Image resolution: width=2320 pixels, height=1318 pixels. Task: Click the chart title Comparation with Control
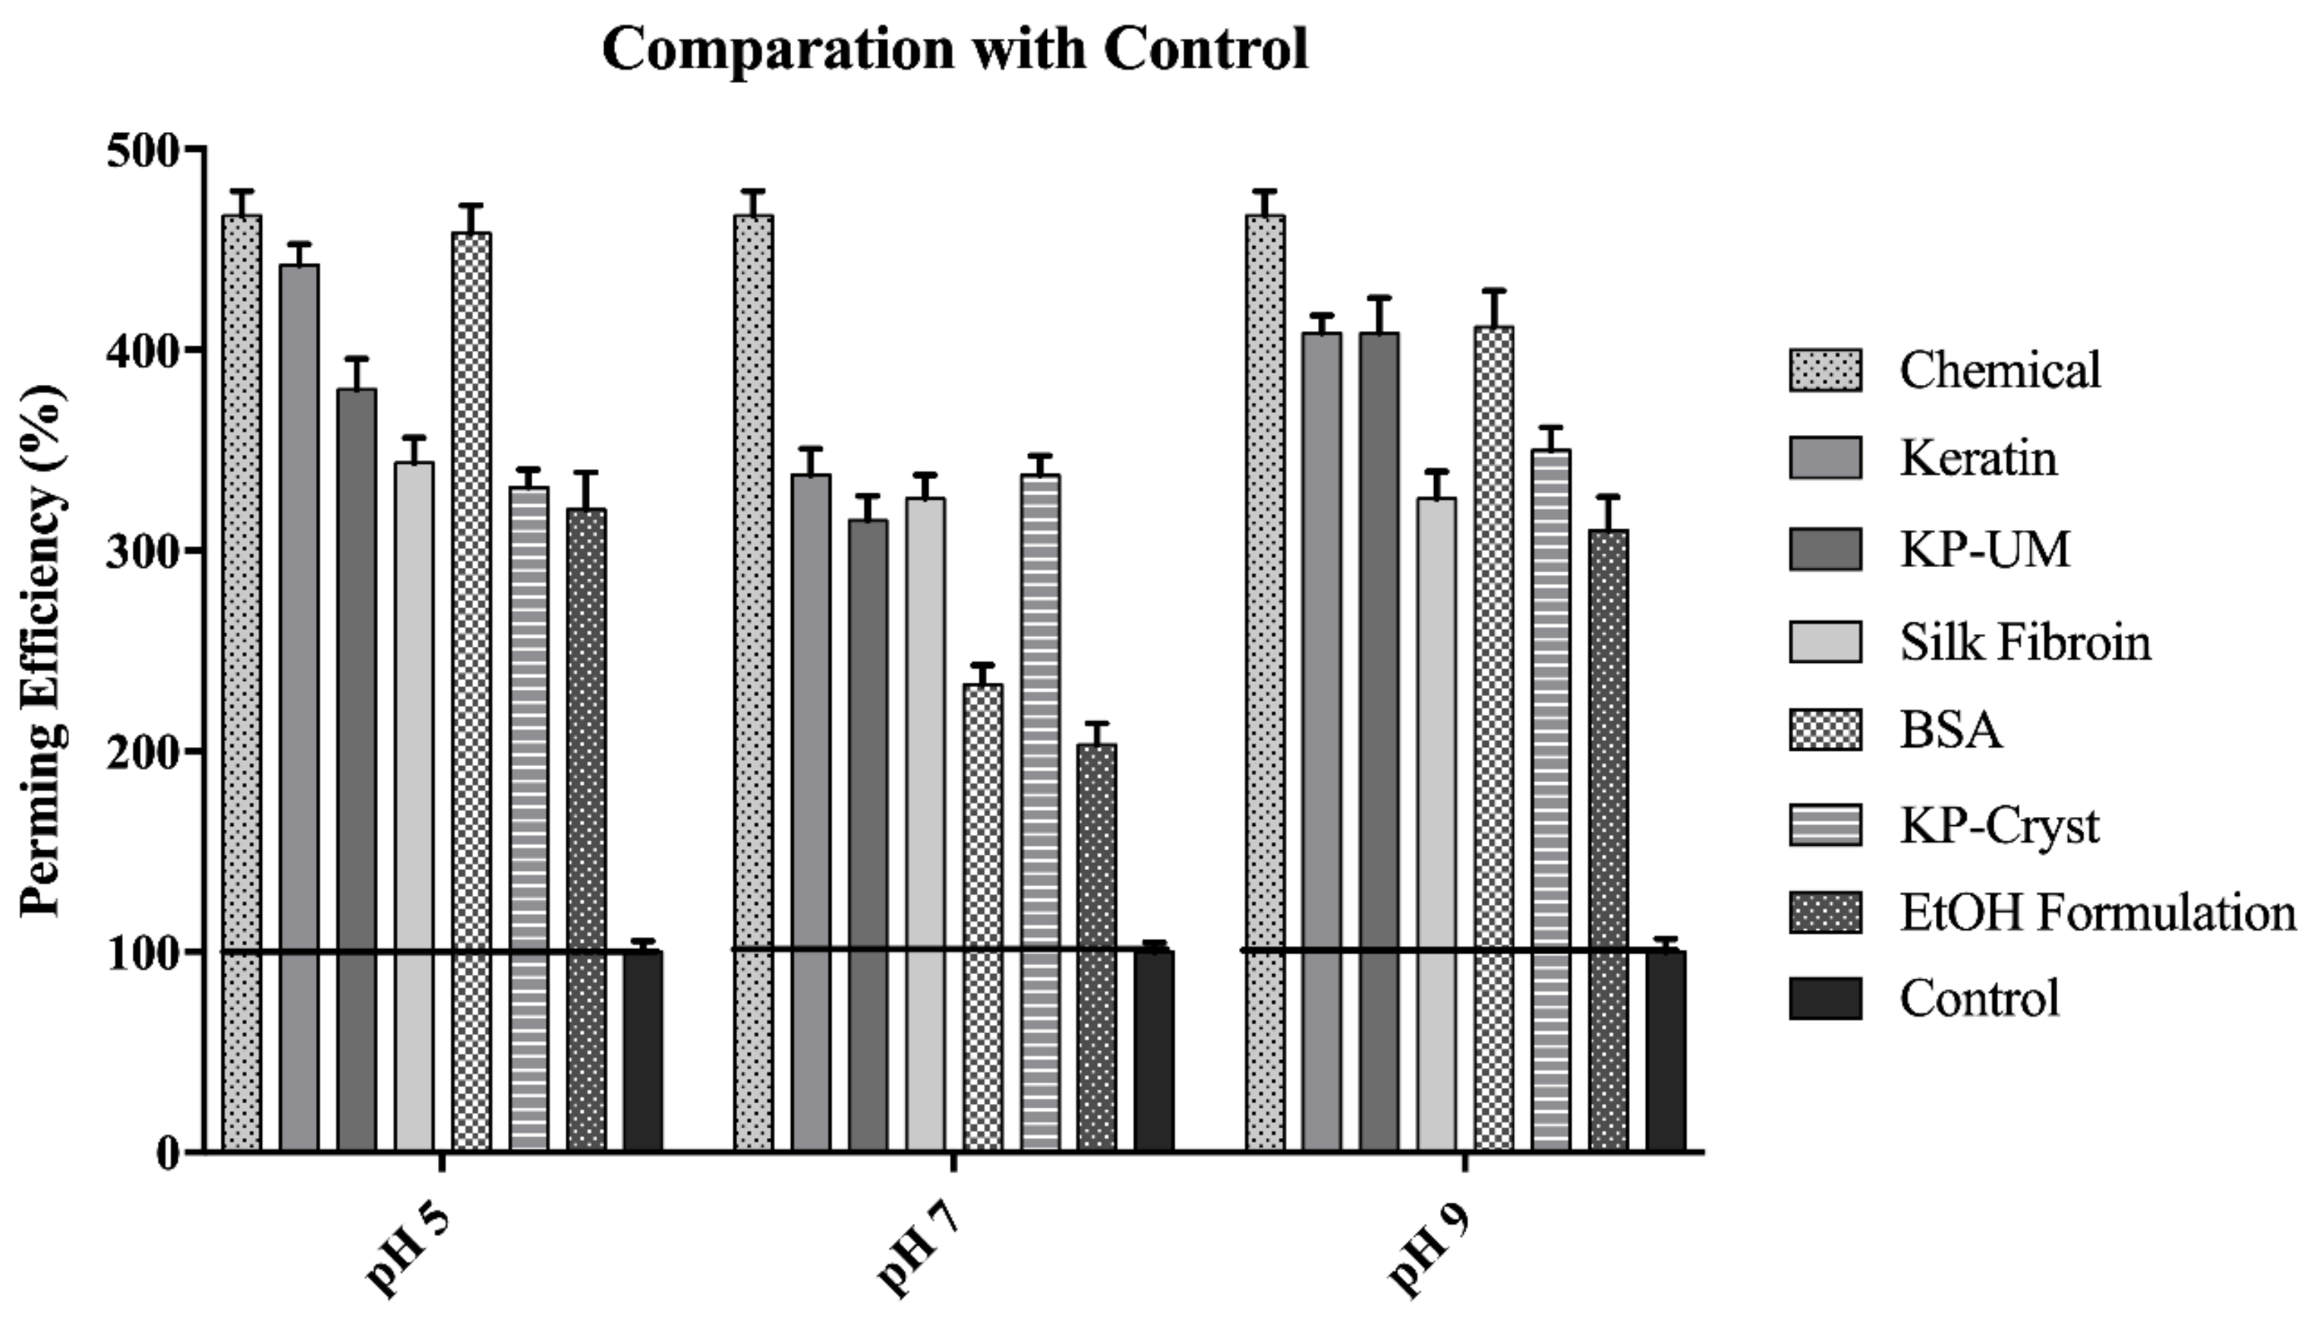pos(955,49)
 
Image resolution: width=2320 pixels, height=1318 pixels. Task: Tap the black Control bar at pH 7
pos(1154,1050)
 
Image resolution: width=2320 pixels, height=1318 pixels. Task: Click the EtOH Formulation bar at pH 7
pos(1097,947)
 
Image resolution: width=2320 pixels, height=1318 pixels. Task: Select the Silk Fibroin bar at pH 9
pos(1437,824)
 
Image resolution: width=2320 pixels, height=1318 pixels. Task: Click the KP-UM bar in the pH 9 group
pos(1379,743)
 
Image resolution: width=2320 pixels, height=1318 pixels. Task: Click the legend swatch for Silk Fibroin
pos(1825,642)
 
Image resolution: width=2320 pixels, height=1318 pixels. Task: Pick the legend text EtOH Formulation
pos(2098,913)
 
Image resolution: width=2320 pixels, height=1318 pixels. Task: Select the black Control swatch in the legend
pos(1825,998)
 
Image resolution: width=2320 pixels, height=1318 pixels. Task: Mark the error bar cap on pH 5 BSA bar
pos(471,207)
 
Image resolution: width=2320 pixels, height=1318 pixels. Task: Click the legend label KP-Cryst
pos(1999,825)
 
